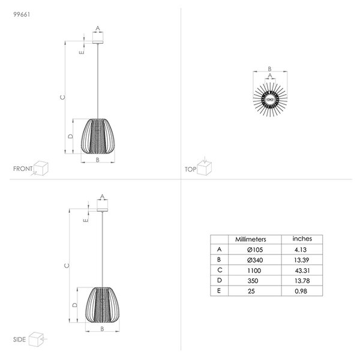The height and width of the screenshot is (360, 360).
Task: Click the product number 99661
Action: [x=22, y=14]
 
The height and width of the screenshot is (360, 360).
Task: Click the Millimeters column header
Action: [x=250, y=239]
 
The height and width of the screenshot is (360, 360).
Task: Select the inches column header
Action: [x=302, y=239]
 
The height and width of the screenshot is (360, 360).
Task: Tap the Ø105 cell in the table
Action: [x=255, y=250]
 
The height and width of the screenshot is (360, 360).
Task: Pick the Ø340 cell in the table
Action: [x=255, y=260]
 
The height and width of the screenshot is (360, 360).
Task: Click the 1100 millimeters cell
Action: [x=254, y=271]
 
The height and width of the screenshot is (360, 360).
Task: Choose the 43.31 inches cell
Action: [x=302, y=271]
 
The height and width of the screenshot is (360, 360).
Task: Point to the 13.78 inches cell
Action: [x=302, y=281]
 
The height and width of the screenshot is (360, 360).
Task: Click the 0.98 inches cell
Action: [x=301, y=291]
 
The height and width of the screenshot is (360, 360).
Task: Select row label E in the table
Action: [x=219, y=291]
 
